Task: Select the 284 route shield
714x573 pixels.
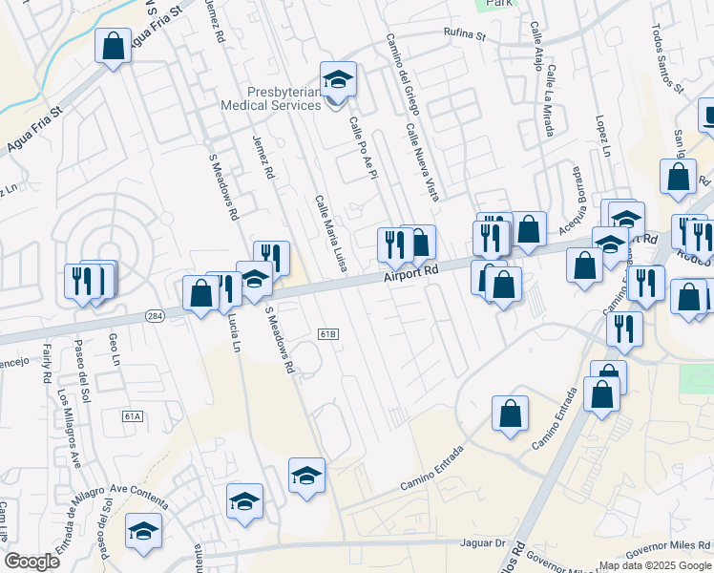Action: pos(156,315)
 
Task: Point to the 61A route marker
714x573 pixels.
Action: pos(133,416)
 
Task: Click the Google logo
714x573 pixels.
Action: pos(32,562)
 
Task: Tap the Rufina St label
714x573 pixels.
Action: pos(465,38)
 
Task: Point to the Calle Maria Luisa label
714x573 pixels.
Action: pos(330,233)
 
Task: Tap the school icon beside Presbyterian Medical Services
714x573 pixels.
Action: pos(338,80)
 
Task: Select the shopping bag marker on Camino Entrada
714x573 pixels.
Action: pos(511,414)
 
